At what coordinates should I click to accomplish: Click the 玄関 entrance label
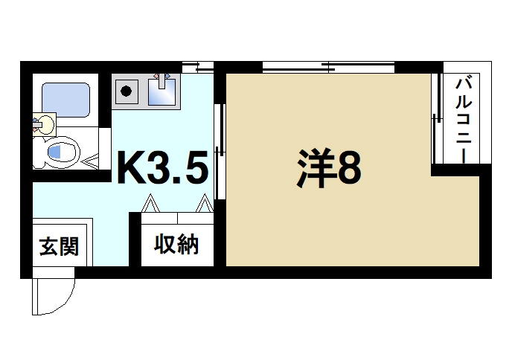click(58, 245)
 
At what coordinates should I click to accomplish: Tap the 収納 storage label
click(176, 244)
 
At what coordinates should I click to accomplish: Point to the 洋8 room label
click(329, 168)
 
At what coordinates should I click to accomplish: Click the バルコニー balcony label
click(462, 119)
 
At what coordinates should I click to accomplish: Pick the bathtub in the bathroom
click(65, 100)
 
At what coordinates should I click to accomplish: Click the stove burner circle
click(127, 93)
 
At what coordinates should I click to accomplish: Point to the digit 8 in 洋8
click(349, 168)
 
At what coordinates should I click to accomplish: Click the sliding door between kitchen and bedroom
click(218, 152)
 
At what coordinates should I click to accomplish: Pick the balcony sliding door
click(435, 123)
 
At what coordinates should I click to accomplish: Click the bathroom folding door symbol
click(92, 158)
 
